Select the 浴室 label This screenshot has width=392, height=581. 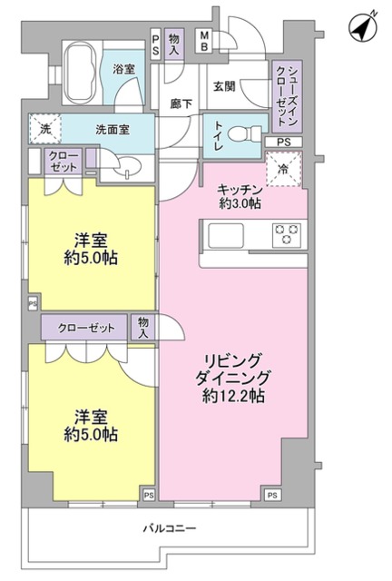tap(124, 69)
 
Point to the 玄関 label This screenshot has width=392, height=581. tap(224, 86)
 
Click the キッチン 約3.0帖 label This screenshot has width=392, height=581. tap(240, 196)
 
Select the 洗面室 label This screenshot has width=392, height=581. tap(112, 129)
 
